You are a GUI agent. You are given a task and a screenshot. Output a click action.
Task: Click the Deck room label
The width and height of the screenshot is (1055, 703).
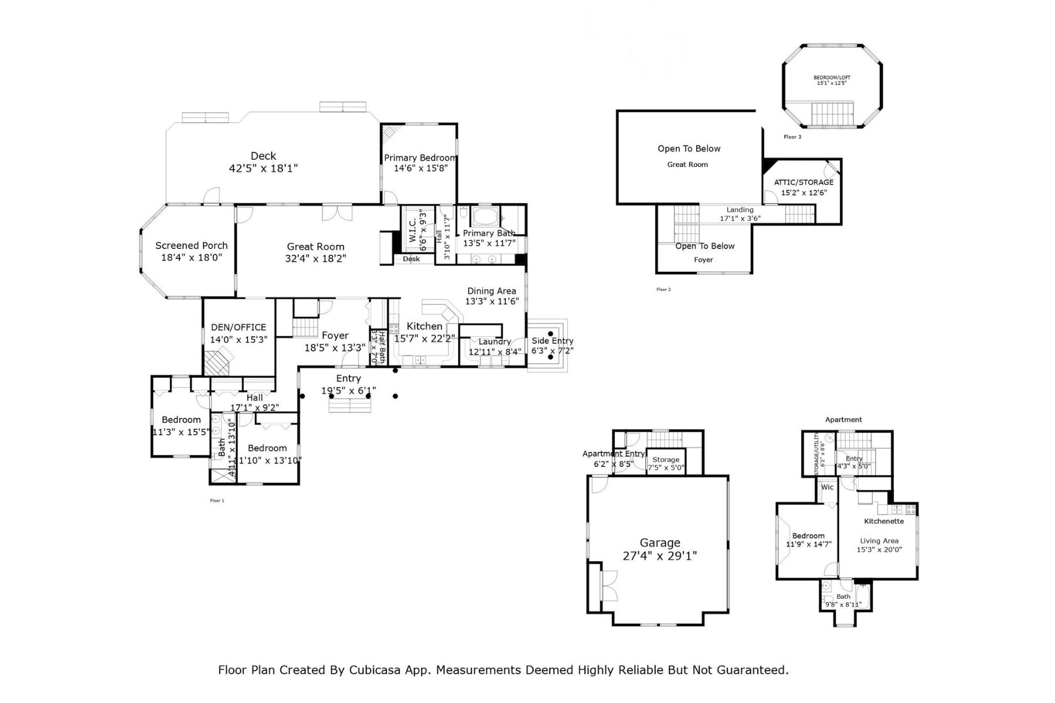(x=263, y=156)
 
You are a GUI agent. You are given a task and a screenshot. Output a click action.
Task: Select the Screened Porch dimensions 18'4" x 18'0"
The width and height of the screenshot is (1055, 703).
(x=192, y=258)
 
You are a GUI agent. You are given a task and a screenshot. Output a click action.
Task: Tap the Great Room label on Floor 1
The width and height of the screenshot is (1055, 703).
(x=315, y=247)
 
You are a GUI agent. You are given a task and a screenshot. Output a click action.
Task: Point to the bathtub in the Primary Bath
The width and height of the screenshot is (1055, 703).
(x=485, y=216)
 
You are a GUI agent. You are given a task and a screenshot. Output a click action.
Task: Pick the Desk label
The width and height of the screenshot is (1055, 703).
(x=411, y=259)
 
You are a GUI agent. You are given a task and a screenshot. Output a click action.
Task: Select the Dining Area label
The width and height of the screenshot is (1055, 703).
(x=491, y=291)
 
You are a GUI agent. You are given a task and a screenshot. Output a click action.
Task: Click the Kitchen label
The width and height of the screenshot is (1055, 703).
(x=424, y=326)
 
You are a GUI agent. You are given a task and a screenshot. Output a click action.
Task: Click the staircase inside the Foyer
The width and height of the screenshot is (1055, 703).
(x=304, y=327)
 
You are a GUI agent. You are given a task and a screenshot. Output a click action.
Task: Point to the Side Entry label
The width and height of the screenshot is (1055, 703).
(x=552, y=340)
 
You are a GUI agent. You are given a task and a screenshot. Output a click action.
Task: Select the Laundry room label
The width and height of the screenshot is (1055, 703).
(x=495, y=342)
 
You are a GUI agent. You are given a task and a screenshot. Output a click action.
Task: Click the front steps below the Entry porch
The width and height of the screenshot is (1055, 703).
(x=349, y=405)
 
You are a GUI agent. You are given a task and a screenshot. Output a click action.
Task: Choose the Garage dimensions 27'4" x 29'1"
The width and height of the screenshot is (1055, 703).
(x=659, y=556)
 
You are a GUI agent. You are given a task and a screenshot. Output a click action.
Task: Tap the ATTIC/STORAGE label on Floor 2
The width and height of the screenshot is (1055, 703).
(x=804, y=182)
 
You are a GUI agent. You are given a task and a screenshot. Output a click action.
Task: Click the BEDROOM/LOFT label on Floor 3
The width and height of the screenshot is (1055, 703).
(x=832, y=77)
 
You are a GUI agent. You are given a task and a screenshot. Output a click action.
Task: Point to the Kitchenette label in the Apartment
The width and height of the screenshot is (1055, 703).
(x=884, y=521)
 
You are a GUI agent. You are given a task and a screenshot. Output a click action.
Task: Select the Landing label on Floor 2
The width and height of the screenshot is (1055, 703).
(x=740, y=210)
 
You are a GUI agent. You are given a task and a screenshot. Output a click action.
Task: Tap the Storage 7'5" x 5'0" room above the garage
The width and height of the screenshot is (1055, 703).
(x=666, y=463)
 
